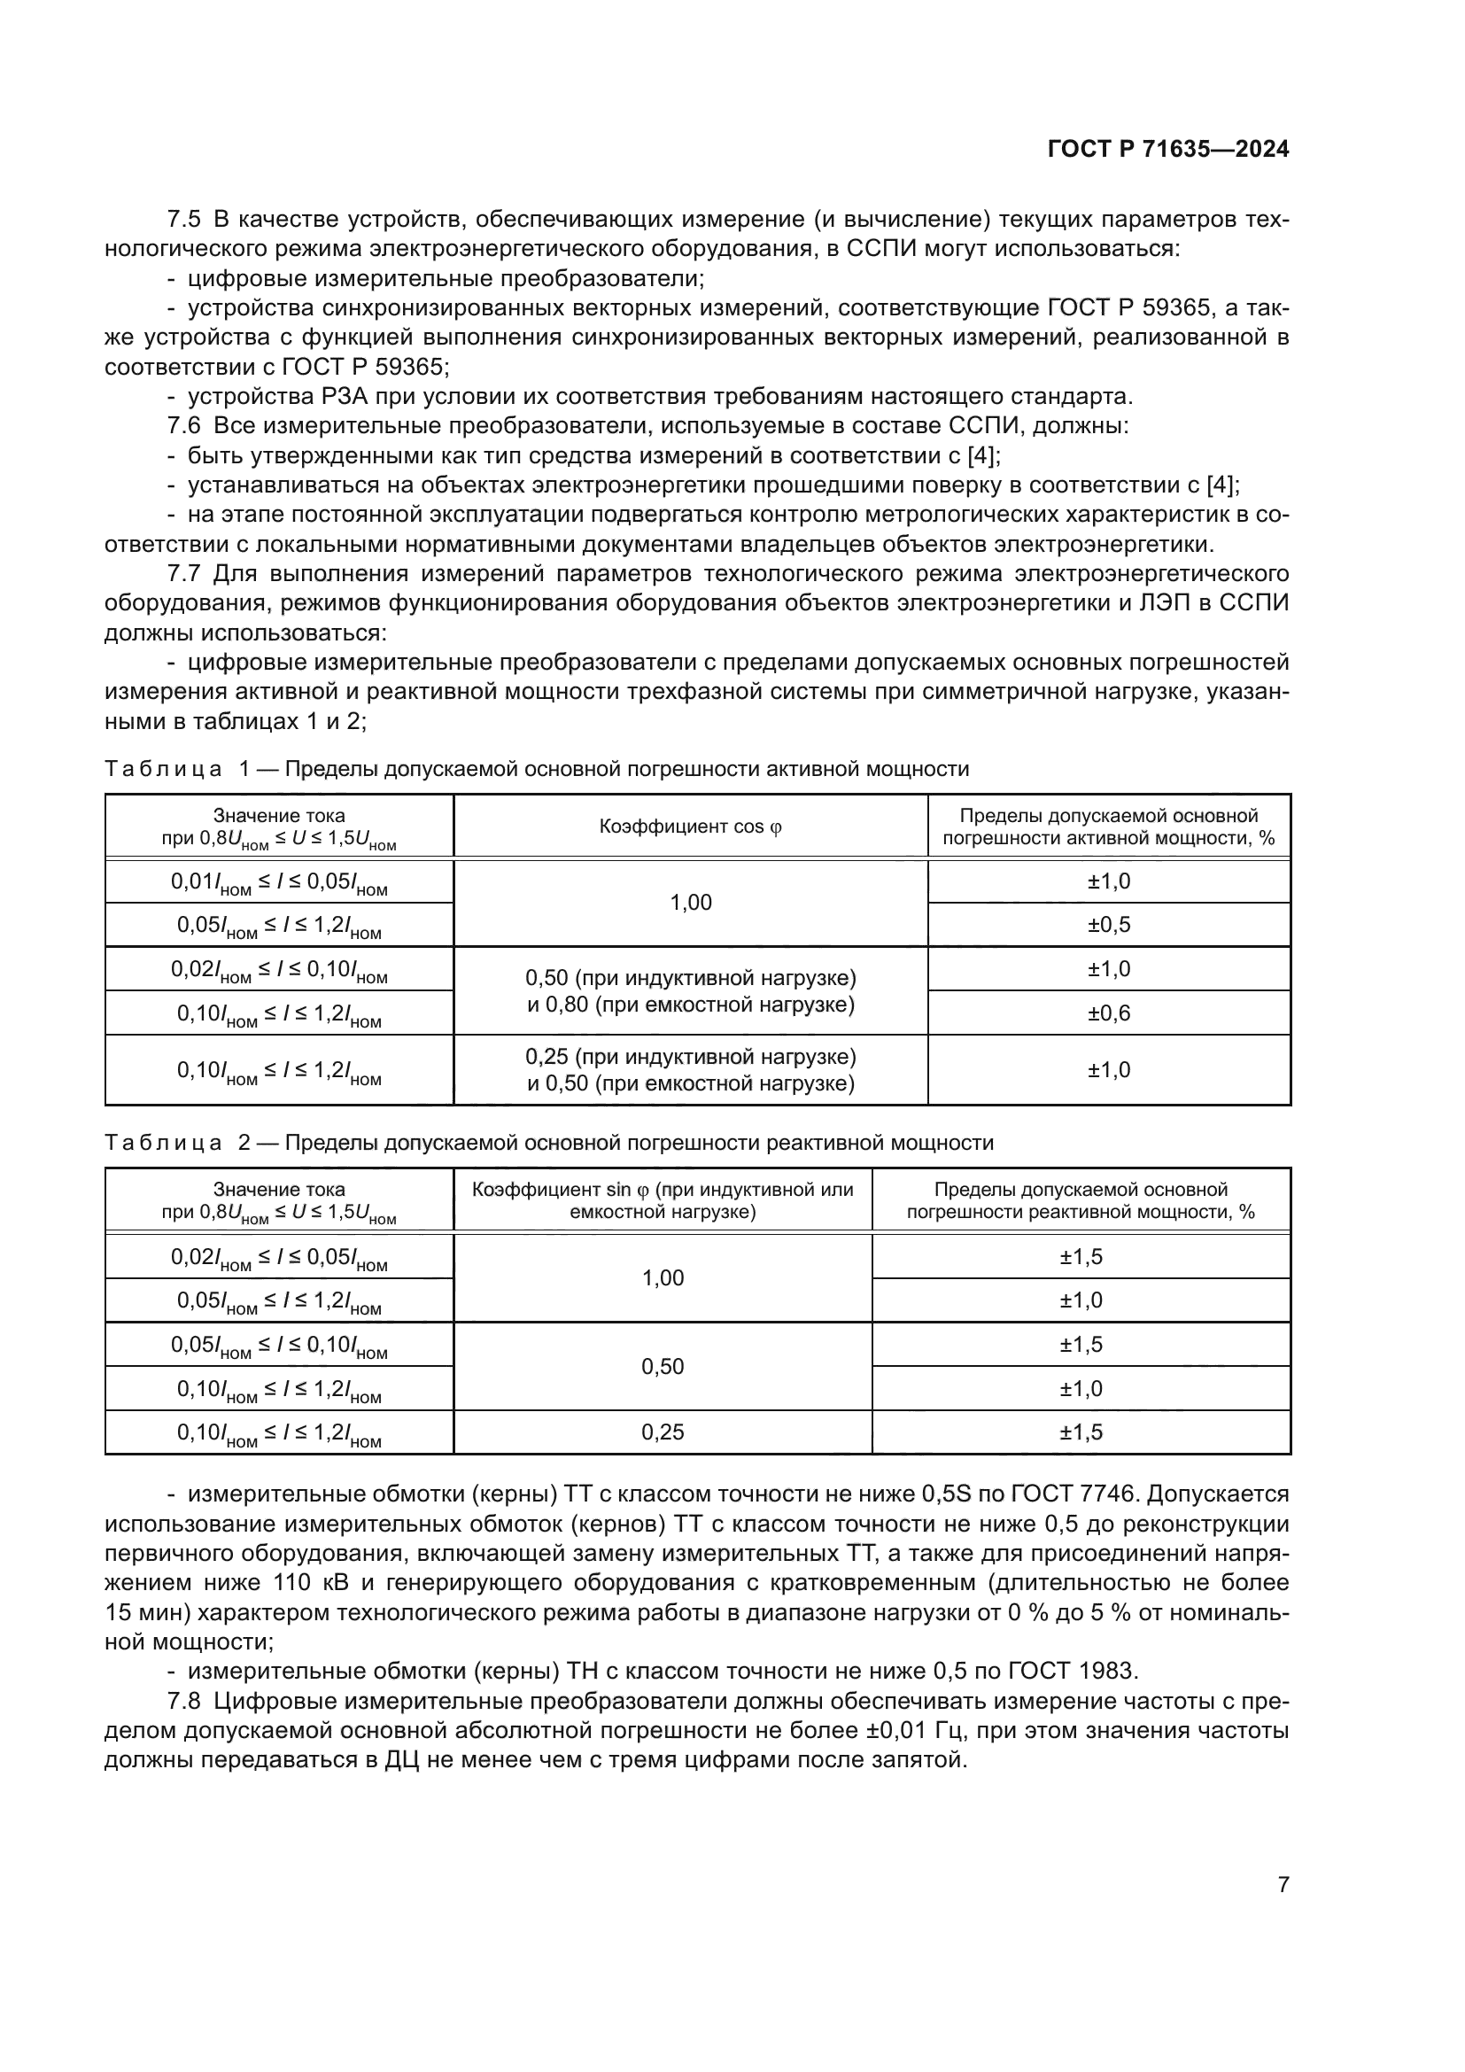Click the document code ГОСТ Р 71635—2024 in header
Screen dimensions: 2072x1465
[1167, 149]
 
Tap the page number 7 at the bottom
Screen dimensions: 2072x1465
[1283, 1884]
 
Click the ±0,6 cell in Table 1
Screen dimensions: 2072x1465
[1109, 1013]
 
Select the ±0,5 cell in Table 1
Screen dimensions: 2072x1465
[1109, 925]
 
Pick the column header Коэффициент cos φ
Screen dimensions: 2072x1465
[690, 826]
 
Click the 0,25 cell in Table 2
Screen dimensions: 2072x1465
[663, 1432]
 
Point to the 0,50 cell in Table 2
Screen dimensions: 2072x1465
[663, 1366]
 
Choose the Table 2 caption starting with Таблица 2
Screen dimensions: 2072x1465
[548, 1144]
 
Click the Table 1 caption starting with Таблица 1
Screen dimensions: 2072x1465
[537, 769]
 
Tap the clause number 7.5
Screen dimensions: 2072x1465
[183, 220]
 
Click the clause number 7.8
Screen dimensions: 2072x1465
[183, 1701]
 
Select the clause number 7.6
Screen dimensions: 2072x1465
[183, 426]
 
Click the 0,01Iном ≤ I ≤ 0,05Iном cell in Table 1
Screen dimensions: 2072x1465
[279, 882]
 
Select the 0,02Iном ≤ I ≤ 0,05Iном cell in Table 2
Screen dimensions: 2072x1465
[279, 1258]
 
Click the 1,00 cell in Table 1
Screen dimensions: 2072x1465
[690, 903]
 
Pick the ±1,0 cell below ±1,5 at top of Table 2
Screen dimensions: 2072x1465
[1081, 1300]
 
